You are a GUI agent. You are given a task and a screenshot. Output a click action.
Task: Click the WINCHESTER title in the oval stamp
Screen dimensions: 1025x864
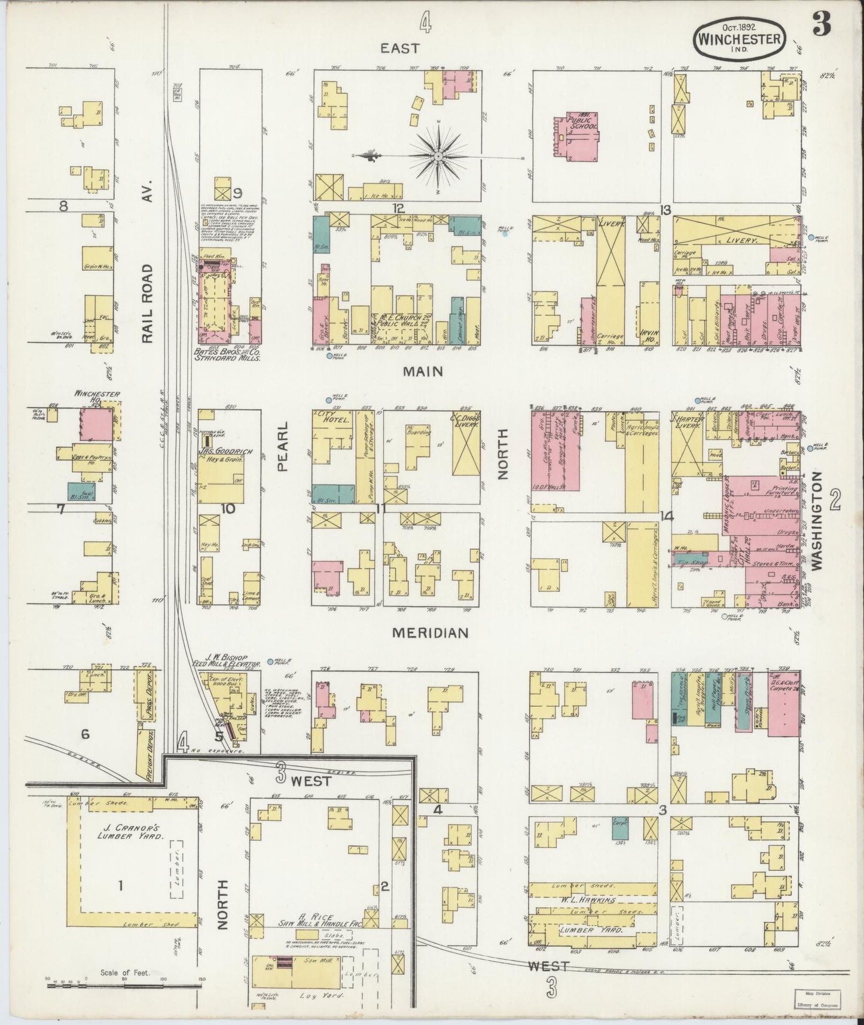coord(739,39)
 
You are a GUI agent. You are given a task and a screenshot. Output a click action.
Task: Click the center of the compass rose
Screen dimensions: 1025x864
coord(438,157)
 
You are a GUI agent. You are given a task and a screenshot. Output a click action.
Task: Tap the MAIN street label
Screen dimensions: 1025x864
coord(423,371)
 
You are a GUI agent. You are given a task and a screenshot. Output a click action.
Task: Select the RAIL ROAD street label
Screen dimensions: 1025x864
coord(148,304)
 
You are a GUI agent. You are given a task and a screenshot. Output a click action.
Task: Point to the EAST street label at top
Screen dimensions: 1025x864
coord(401,48)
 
